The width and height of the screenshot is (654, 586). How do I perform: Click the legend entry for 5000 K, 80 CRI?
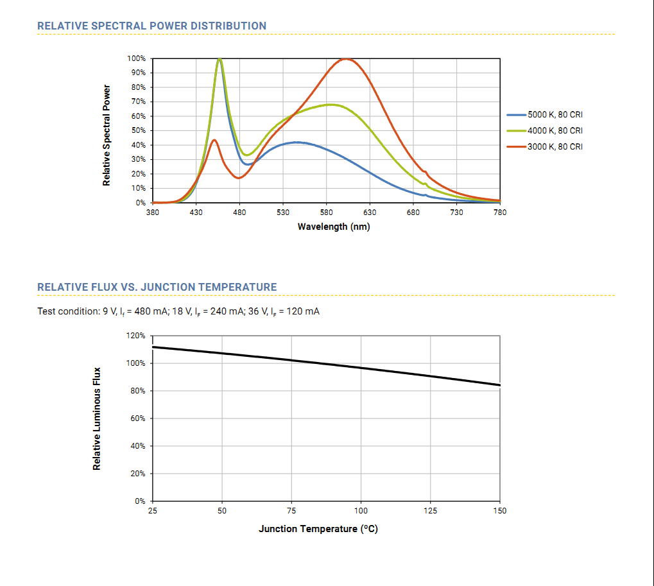555,115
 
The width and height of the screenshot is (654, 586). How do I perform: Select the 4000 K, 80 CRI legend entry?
555,131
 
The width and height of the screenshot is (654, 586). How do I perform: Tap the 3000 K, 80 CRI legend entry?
555,147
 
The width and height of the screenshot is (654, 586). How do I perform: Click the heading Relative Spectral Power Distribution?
151,26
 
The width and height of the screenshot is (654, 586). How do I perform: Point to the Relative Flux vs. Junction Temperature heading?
157,288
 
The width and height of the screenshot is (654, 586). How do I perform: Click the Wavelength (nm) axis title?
334,227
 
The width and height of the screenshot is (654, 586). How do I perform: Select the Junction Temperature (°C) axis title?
318,530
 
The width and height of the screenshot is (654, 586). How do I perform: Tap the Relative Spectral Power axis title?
107,135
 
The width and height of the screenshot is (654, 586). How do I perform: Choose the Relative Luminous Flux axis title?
97,418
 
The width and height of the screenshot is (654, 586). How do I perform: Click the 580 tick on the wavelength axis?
326,212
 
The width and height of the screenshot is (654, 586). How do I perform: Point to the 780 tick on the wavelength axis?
500,212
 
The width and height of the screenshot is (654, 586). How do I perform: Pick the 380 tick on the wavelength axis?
153,212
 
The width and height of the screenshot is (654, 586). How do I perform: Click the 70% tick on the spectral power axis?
138,101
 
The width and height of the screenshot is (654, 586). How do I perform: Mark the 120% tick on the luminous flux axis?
137,336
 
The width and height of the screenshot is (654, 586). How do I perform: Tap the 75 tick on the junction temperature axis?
291,511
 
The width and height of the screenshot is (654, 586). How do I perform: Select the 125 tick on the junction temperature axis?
431,511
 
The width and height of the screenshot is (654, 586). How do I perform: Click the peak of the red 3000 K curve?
347,59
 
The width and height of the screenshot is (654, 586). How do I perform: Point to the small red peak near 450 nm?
214,140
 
